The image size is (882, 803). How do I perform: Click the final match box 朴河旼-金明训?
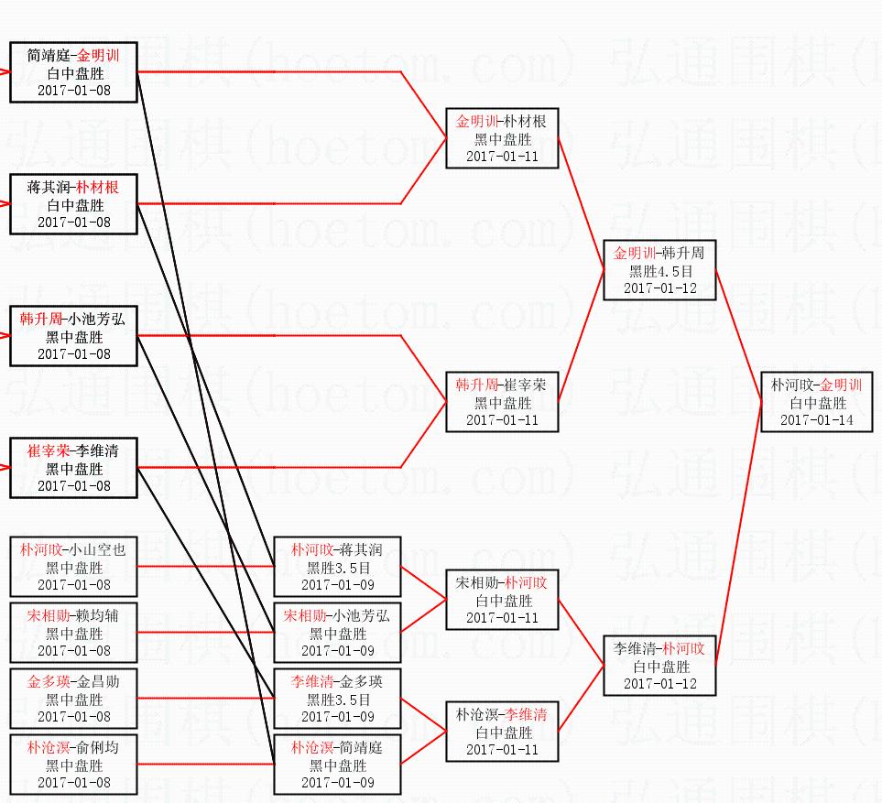coord(816,401)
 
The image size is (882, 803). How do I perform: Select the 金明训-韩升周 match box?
coord(659,270)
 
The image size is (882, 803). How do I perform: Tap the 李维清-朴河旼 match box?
coord(659,666)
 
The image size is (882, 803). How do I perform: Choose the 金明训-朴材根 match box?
coord(502,138)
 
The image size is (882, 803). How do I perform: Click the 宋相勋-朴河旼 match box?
coord(502,600)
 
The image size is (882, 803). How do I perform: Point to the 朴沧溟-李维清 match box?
coord(502,732)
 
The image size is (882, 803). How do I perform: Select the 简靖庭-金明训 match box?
coord(73,72)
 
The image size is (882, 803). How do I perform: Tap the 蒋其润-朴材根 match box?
coord(73,204)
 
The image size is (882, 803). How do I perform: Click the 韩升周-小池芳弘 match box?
coord(73,336)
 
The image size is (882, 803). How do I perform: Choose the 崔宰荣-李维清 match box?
coord(73,468)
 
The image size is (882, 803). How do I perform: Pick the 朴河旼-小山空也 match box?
coord(73,567)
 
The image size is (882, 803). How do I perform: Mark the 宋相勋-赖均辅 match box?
coord(73,633)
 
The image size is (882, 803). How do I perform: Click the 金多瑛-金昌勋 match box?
coord(73,699)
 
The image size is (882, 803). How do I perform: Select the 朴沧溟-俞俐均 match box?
coord(73,765)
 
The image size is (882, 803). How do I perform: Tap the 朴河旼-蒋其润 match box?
coord(337,567)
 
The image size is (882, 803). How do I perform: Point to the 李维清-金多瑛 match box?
coord(337,699)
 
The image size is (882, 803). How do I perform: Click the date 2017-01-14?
coord(816,419)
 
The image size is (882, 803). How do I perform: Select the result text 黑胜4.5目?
coord(660,271)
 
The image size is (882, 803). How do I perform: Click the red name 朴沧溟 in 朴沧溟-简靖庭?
coord(309,747)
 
